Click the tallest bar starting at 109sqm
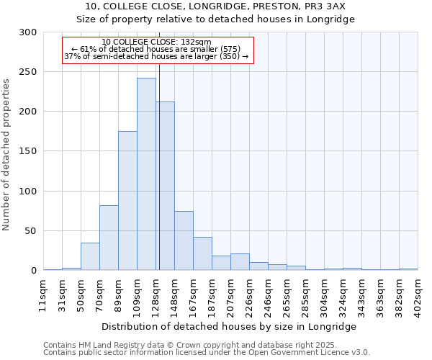point(146,174)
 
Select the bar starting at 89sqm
point(127,201)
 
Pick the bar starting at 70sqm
point(109,238)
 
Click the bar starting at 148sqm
point(184,240)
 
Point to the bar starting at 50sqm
point(90,256)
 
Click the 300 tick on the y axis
point(28,32)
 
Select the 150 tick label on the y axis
point(28,151)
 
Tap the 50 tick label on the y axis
point(31,231)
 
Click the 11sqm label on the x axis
point(44,292)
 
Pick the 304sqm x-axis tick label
point(325,293)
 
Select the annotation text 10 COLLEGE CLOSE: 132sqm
point(157,42)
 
